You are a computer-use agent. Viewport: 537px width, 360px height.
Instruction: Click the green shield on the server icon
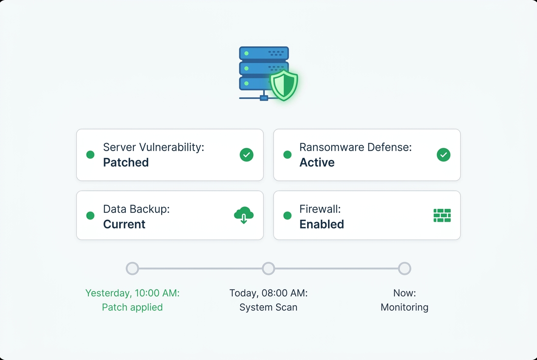(x=284, y=85)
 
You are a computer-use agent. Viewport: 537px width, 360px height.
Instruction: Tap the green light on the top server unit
(x=246, y=53)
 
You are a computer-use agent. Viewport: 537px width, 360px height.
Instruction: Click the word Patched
(x=126, y=163)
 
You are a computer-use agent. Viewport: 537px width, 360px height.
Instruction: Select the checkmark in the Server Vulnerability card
(x=246, y=155)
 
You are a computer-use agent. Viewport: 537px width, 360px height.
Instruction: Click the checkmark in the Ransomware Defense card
(x=444, y=155)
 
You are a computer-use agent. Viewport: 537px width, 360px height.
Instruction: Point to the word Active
(x=317, y=163)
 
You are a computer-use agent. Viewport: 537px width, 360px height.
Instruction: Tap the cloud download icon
(x=244, y=215)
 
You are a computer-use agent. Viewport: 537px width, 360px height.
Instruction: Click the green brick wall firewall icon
(x=442, y=216)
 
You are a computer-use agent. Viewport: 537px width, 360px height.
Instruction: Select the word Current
(x=124, y=224)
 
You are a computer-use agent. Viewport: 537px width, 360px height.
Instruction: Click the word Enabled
(x=322, y=224)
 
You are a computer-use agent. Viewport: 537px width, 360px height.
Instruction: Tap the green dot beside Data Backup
(x=90, y=216)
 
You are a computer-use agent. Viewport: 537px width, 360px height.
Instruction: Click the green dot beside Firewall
(x=288, y=216)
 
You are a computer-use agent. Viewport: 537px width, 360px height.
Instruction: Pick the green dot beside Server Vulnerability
(x=90, y=155)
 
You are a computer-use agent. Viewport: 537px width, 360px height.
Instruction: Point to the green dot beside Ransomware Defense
(x=288, y=155)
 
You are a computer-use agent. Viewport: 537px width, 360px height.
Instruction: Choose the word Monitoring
(x=404, y=307)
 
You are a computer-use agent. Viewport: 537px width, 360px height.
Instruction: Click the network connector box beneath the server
(x=264, y=98)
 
